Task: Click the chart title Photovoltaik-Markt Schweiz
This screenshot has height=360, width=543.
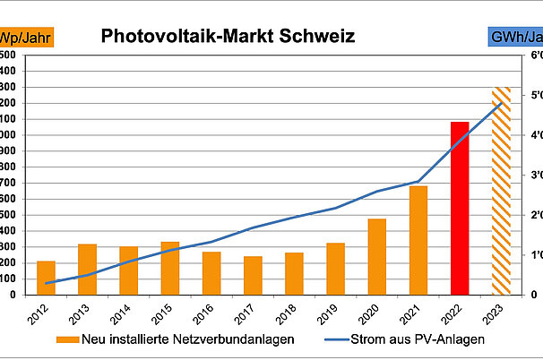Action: [228, 37]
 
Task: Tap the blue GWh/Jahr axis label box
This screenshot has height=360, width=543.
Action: [514, 38]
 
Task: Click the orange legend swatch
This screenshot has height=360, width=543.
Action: [67, 339]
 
